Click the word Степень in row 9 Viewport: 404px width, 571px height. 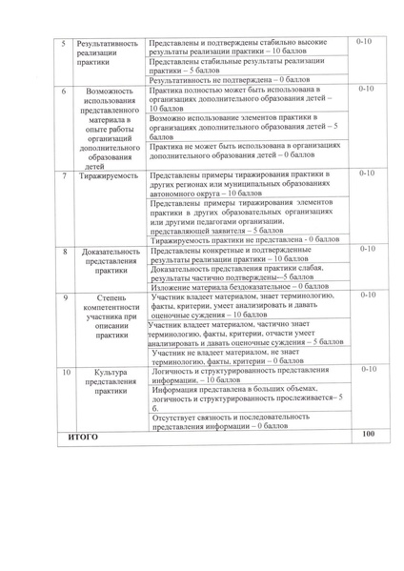click(x=111, y=298)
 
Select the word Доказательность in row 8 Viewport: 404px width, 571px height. click(x=111, y=251)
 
